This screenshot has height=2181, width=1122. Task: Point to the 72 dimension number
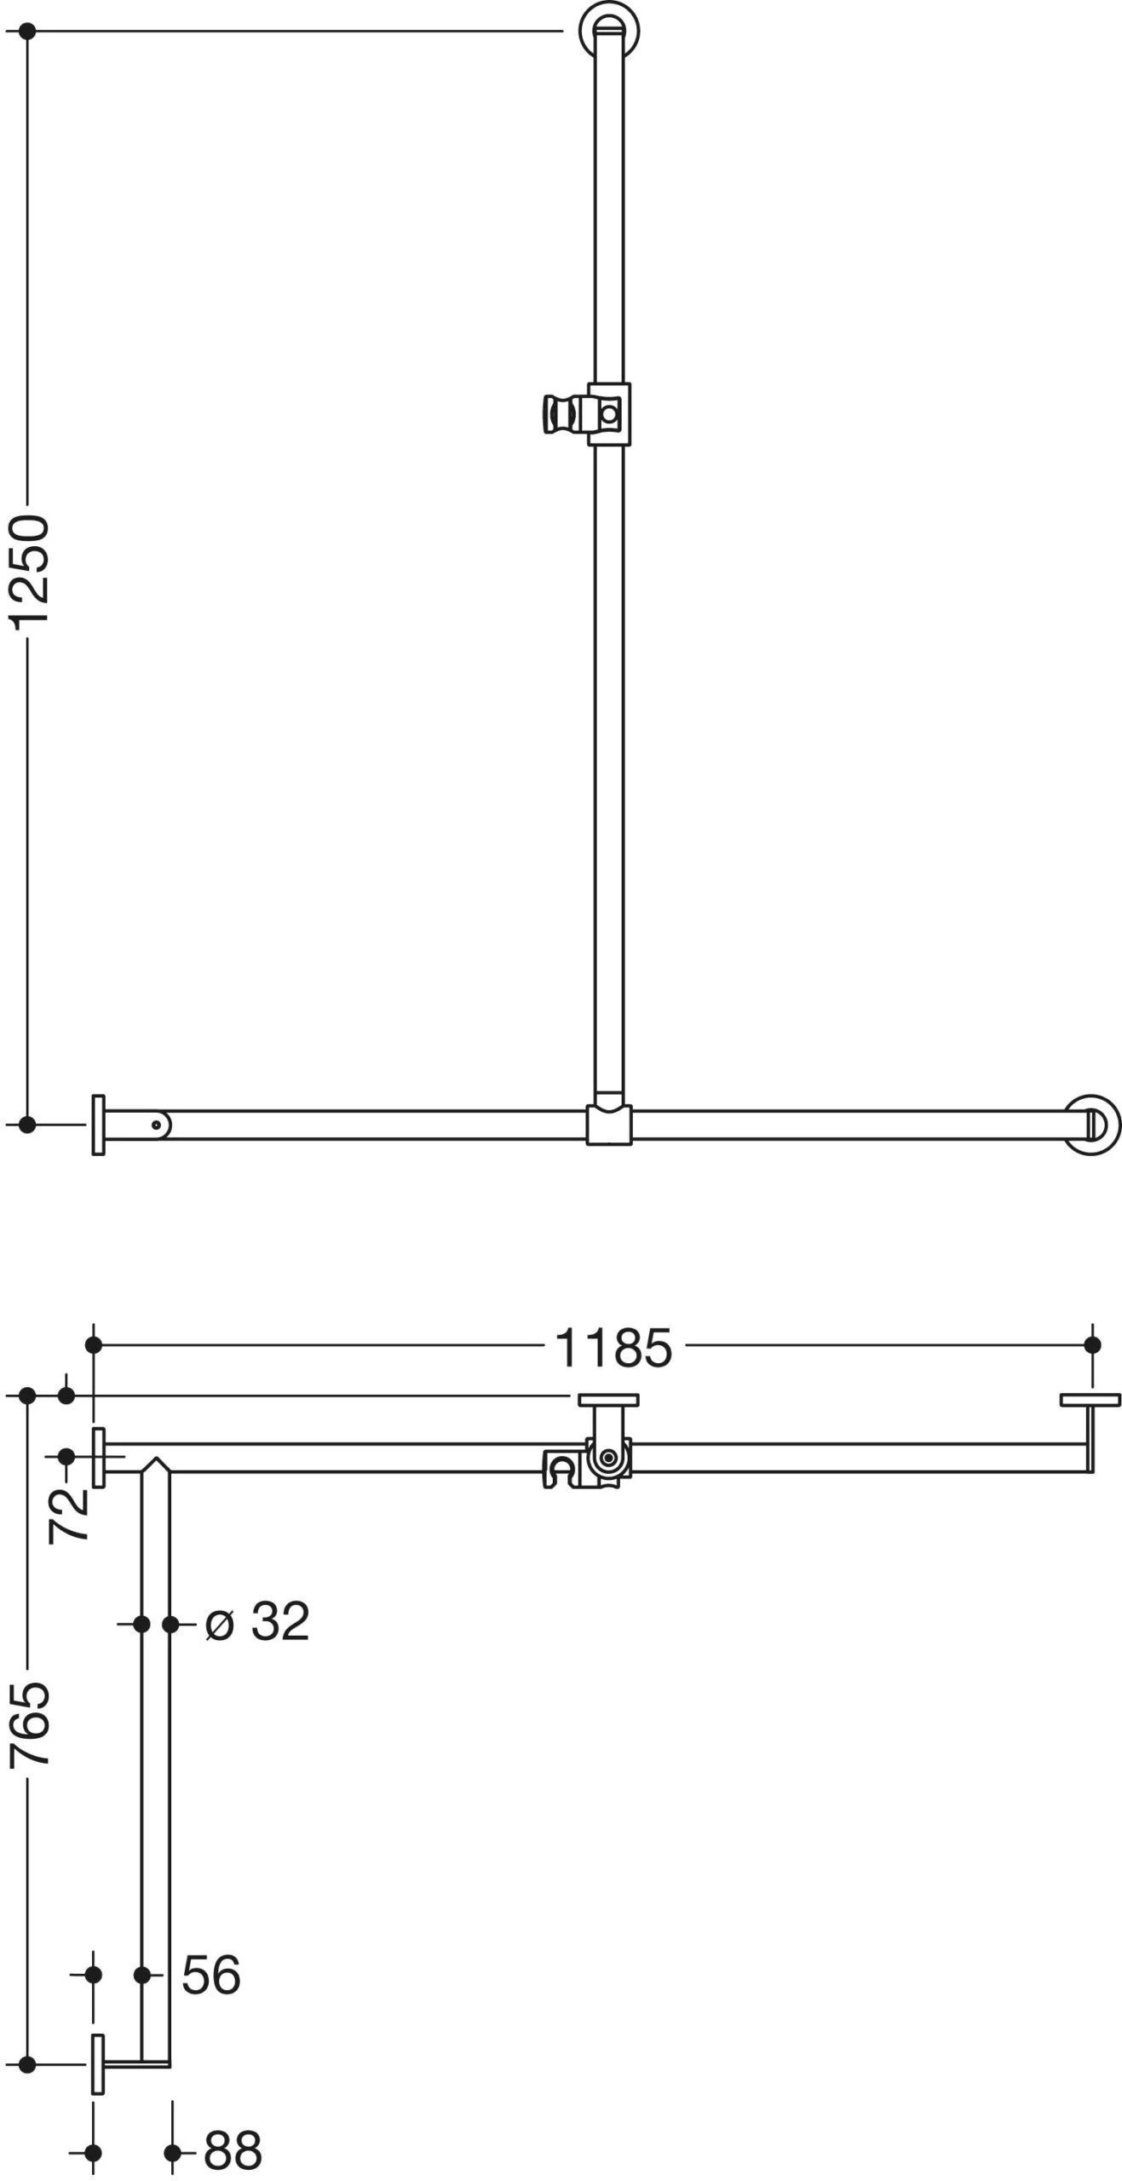[68, 1516]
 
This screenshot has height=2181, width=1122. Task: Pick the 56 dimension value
[211, 1975]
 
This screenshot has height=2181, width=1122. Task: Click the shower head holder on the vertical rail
[587, 414]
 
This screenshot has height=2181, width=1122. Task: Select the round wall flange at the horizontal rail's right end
[1091, 1125]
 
